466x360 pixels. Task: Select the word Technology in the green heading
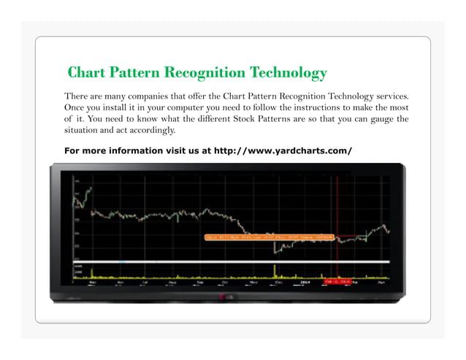pyautogui.click(x=288, y=73)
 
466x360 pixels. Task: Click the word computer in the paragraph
pyautogui.click(x=186, y=107)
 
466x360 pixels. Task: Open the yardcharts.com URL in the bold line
pyautogui.click(x=283, y=151)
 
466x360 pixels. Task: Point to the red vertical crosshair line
pyautogui.click(x=337, y=219)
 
